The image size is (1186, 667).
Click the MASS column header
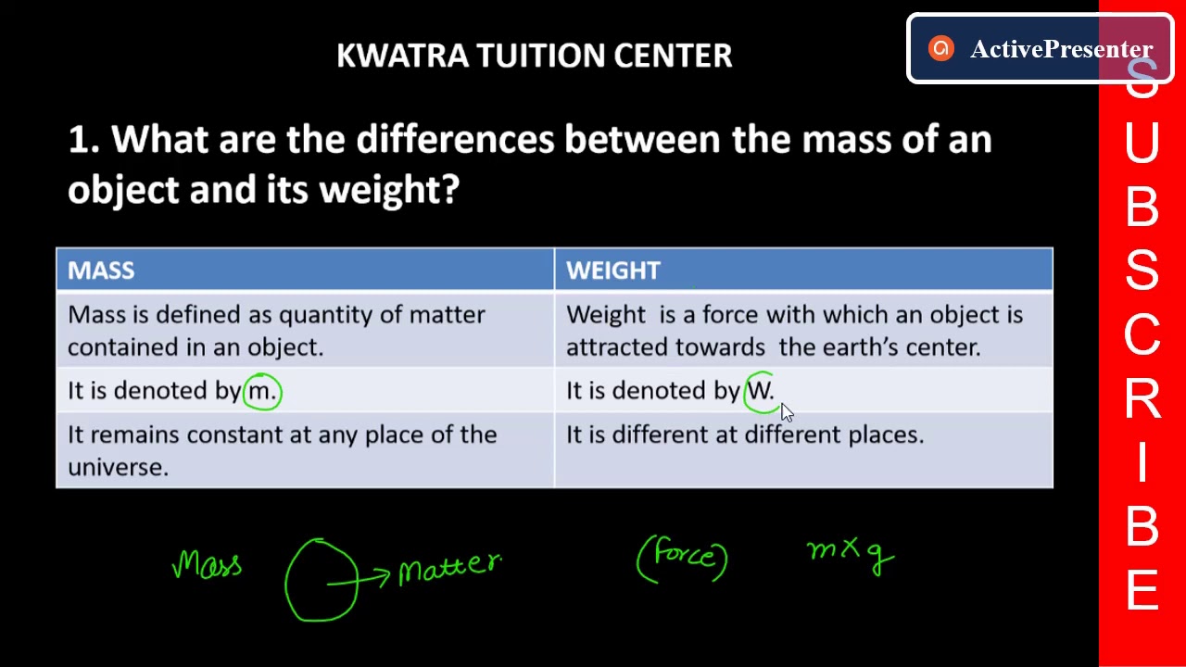coord(101,271)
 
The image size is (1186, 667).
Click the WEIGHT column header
coord(613,271)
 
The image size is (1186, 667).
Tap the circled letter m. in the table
coord(262,391)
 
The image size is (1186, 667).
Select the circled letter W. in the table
coord(760,390)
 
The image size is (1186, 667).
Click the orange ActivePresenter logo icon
coord(940,49)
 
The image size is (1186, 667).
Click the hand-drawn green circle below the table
coord(321,580)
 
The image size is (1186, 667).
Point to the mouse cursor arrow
coord(787,412)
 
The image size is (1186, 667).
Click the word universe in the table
coord(117,467)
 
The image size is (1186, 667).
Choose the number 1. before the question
coord(83,141)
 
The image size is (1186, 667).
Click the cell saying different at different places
coord(745,434)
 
